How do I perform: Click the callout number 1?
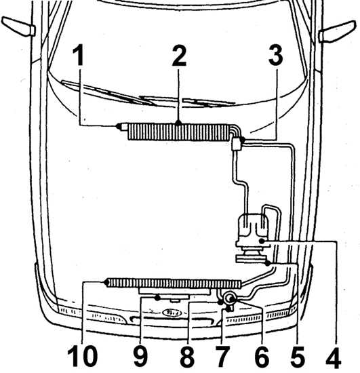click(x=79, y=56)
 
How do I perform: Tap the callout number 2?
click(x=179, y=56)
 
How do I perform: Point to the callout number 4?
click(x=334, y=357)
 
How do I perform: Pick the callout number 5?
click(x=298, y=357)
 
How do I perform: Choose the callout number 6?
click(x=261, y=357)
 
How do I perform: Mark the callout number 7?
click(x=222, y=357)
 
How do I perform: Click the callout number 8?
click(x=187, y=357)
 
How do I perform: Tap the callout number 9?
click(x=141, y=357)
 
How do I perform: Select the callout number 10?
click(x=82, y=357)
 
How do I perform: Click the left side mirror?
click(x=18, y=26)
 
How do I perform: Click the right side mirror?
click(x=338, y=32)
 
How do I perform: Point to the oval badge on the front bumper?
click(x=172, y=313)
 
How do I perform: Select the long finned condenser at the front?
click(x=174, y=283)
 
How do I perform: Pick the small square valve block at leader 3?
click(x=237, y=144)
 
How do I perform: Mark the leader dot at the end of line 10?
click(x=106, y=282)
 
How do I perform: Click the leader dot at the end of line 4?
click(x=262, y=241)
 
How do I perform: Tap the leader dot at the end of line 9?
click(x=157, y=298)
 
